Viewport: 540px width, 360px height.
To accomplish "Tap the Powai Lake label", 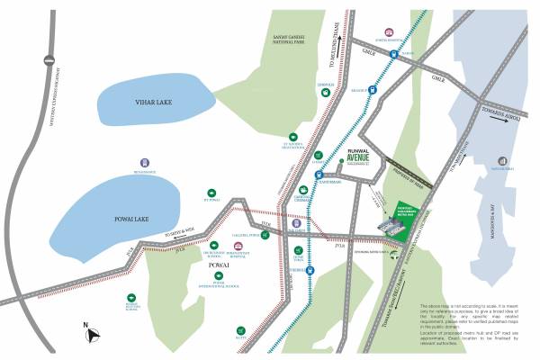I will point(107,217).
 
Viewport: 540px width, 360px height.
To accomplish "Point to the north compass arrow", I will point(91,336).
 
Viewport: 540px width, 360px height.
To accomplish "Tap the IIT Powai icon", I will point(212,193).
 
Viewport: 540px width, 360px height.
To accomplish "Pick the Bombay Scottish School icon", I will point(131,296).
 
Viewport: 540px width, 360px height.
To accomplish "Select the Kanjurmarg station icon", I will point(318,175).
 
